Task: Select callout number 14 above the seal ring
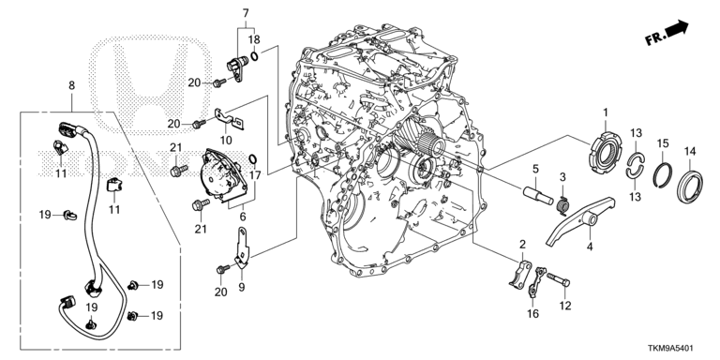coord(690,151)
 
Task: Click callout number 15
coord(662,143)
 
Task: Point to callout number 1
coord(606,112)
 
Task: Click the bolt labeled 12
coord(559,278)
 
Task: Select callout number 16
coord(532,314)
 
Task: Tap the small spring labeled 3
coord(562,203)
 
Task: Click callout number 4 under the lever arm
coord(590,247)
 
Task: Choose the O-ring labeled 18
coord(254,55)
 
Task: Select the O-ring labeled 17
coord(252,158)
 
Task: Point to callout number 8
coord(71,85)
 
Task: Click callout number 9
coord(242,288)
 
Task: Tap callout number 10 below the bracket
coord(226,140)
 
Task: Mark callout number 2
coord(522,244)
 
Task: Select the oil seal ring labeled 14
coord(690,187)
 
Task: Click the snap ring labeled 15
coord(663,176)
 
